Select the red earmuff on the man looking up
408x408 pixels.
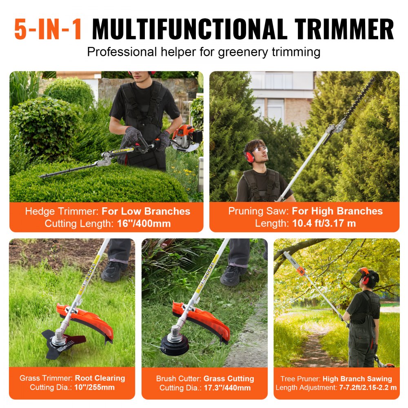click(x=249, y=155)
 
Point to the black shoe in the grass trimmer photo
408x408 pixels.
click(x=114, y=271)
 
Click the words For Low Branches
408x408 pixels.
click(x=146, y=211)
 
